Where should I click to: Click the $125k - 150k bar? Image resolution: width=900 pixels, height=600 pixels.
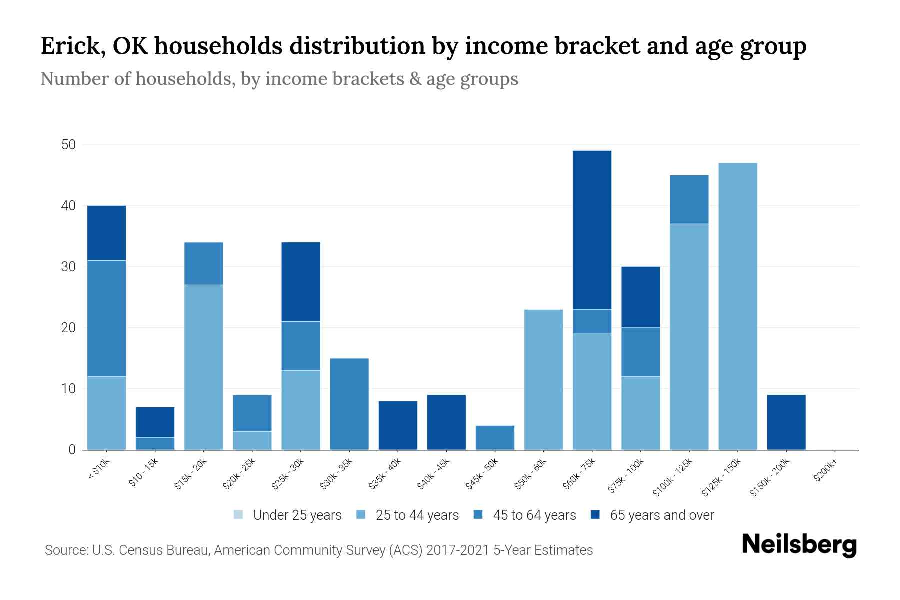point(737,306)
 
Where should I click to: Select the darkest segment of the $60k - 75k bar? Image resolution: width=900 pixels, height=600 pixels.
point(592,230)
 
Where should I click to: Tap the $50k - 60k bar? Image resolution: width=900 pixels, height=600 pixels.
point(543,380)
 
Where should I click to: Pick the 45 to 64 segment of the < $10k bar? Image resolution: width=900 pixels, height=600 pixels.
point(106,318)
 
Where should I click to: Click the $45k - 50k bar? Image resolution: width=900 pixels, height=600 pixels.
point(495,438)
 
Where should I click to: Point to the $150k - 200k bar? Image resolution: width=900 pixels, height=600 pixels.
point(786,422)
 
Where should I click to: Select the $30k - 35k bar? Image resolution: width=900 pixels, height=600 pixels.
point(349,404)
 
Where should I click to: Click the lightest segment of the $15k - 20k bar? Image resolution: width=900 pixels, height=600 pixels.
point(203,367)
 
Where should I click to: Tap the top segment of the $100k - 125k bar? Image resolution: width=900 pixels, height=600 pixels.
point(689,199)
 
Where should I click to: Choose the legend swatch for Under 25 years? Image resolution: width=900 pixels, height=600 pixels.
point(239,515)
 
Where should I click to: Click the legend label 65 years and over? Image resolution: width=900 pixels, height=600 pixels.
point(662,515)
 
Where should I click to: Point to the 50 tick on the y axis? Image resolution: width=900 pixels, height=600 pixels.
point(68,145)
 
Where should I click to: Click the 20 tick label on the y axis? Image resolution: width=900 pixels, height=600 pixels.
point(68,328)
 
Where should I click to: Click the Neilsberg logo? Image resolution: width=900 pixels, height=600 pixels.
point(799,545)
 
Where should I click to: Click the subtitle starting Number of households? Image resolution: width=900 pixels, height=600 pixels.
point(279,79)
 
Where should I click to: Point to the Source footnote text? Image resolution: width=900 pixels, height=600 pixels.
point(318,550)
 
